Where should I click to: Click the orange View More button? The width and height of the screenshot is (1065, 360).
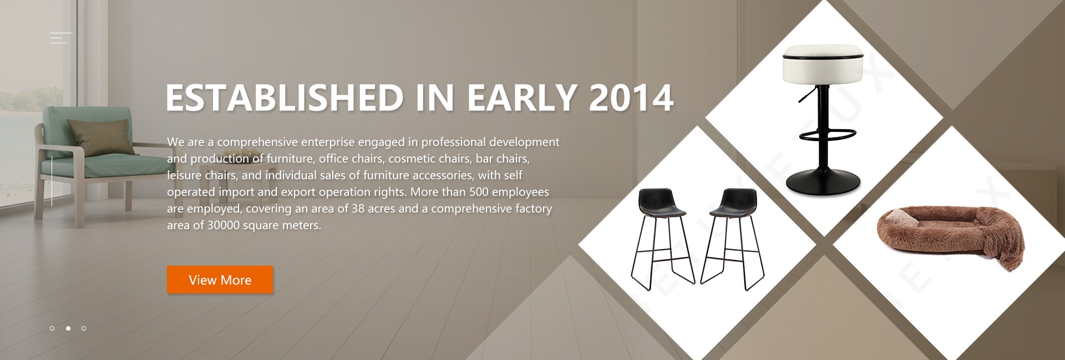pyautogui.click(x=220, y=280)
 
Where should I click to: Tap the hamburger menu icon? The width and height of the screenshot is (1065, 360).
pyautogui.click(x=61, y=38)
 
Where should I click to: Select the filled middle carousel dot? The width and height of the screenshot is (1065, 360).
pyautogui.click(x=68, y=328)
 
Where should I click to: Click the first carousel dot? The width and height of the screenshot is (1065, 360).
pyautogui.click(x=52, y=328)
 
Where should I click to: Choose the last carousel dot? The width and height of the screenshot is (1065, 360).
pyautogui.click(x=84, y=328)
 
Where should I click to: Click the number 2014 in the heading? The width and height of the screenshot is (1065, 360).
pyautogui.click(x=631, y=98)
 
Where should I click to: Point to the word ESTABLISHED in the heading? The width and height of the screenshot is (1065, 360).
pyautogui.click(x=285, y=98)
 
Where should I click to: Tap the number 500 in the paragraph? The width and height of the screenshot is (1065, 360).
pyautogui.click(x=479, y=192)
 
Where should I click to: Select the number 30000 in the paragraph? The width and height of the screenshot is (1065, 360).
pyautogui.click(x=224, y=225)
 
